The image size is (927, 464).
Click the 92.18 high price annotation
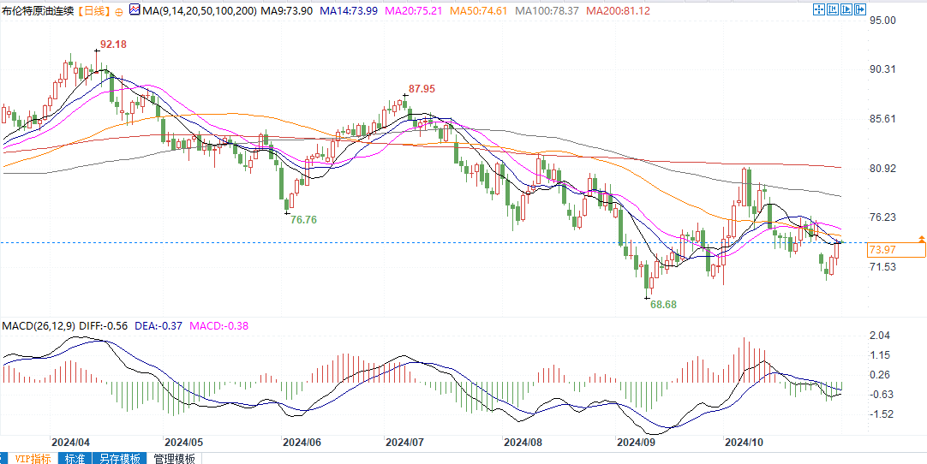coord(114,44)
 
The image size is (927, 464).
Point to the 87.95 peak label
coord(422,88)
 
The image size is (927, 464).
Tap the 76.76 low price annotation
coord(303,220)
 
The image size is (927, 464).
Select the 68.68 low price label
coord(663,305)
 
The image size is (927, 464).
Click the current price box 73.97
coord(883,249)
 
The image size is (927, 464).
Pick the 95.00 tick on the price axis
coord(882,20)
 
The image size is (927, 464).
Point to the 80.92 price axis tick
coord(882,169)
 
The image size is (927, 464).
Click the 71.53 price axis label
coord(882,267)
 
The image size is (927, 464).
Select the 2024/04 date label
coord(70,443)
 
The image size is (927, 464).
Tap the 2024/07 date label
coord(405,443)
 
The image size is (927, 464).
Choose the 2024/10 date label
coord(744,443)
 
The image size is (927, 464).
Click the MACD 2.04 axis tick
coord(880,336)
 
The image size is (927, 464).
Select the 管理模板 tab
coord(174,458)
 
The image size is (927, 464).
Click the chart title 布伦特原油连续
coord(38,10)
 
